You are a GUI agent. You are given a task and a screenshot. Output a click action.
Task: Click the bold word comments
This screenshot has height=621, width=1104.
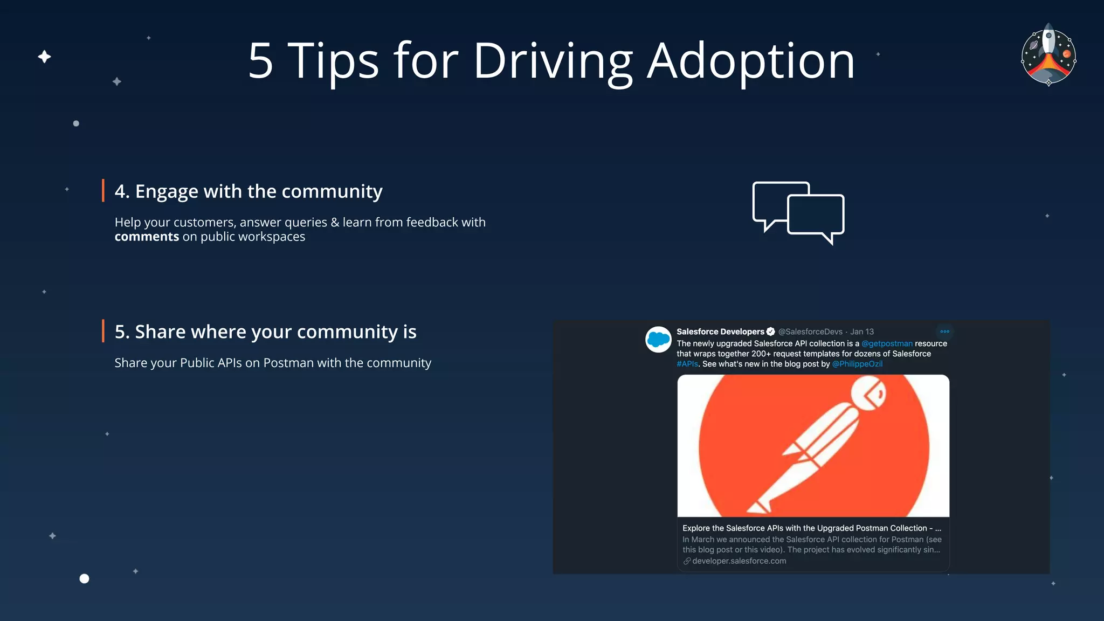[x=147, y=237]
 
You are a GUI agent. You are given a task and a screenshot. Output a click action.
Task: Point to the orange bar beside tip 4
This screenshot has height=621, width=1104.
[x=103, y=191]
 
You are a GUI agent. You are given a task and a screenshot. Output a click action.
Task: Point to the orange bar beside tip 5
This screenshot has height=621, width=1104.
[x=103, y=331]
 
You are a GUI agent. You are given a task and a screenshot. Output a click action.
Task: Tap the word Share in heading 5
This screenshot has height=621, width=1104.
[x=160, y=332]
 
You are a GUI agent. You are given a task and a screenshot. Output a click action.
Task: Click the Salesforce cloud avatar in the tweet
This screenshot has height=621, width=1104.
[x=658, y=340]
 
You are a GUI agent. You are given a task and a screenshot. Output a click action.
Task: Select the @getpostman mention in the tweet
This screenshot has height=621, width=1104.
[x=887, y=343]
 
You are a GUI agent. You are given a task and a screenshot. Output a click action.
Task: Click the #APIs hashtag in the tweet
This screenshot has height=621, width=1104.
[x=687, y=364]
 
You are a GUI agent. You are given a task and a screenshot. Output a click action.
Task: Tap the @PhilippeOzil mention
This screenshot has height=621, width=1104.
[x=857, y=364]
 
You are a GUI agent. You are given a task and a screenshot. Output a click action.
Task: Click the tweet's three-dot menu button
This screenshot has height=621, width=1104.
[x=944, y=332]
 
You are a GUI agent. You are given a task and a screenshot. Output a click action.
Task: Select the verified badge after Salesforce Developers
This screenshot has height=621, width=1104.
[x=771, y=332]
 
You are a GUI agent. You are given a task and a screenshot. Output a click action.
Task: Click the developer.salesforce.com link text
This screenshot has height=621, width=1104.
[x=739, y=561]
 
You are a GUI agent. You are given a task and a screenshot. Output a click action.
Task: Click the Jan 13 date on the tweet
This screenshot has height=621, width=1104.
[x=862, y=332]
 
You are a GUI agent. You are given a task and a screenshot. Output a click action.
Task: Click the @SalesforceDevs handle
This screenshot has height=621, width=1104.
[x=810, y=332]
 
